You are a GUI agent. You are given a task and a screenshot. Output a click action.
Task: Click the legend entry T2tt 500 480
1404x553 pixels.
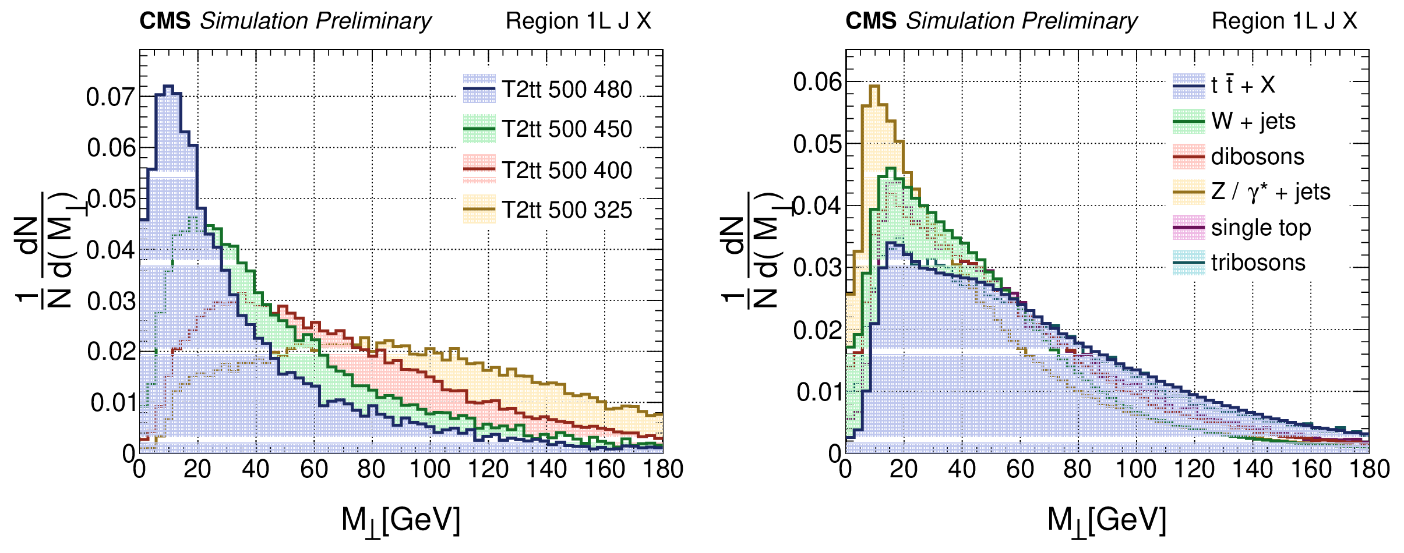[566, 90]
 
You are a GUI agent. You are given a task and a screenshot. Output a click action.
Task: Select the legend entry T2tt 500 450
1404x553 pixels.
[566, 129]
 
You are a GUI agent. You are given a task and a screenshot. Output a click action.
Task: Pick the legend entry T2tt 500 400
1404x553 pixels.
[566, 170]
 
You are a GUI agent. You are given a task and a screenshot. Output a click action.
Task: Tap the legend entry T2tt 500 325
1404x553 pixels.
[566, 210]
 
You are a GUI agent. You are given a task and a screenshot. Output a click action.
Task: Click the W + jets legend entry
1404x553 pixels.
[1253, 121]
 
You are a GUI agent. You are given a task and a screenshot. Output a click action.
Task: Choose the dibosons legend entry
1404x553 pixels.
[1257, 157]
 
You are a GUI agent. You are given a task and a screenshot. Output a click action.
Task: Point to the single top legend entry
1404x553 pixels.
[1261, 228]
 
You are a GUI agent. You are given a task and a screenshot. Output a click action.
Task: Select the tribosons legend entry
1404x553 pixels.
[1258, 263]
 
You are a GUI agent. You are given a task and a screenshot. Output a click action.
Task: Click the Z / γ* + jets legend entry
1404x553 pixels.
[1271, 192]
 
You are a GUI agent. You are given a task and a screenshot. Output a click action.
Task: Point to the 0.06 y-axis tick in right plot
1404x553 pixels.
[817, 82]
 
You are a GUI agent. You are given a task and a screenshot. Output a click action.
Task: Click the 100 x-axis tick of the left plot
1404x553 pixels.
[430, 469]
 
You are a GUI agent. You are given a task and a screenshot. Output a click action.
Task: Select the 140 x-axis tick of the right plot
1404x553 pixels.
[1253, 469]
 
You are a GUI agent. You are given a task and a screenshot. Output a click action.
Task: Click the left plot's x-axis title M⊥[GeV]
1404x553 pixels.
[401, 520]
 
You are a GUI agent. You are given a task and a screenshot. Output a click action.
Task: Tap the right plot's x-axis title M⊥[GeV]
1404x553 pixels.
[1107, 520]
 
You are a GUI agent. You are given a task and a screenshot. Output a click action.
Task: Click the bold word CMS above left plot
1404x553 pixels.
[165, 22]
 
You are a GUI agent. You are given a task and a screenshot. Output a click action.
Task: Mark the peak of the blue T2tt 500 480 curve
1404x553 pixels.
[168, 87]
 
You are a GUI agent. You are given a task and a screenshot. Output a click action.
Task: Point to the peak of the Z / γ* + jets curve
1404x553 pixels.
[874, 86]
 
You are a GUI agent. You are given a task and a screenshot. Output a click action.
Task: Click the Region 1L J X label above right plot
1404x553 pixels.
[1284, 22]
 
